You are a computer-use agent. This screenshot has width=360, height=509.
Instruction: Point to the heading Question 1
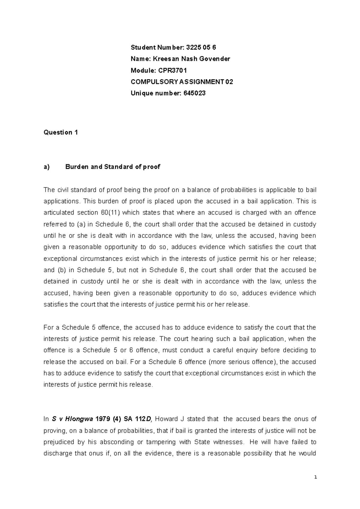point(61,132)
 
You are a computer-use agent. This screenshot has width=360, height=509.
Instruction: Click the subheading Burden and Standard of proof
point(112,167)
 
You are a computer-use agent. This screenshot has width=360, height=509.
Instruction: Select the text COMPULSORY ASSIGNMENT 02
point(182,82)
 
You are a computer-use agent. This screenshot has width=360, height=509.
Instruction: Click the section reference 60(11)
point(109,213)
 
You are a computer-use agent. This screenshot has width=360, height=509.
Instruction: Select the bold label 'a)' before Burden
point(46,167)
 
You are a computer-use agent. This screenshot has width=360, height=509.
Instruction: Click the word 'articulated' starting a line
point(59,213)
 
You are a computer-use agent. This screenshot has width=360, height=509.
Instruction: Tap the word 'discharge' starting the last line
point(57,454)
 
